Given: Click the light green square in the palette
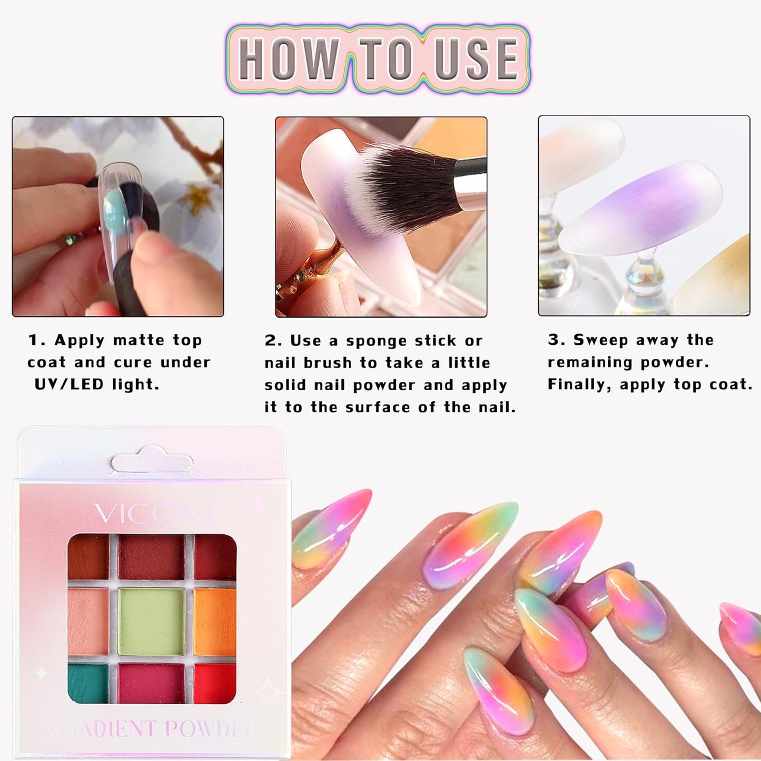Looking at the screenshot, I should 151,621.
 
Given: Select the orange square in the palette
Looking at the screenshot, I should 214,621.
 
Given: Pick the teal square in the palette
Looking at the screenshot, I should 88,683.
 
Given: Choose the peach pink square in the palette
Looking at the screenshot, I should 88,621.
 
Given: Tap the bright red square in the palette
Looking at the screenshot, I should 214,683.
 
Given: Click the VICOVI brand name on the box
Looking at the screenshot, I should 153,513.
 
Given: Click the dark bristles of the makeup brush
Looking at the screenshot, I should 406,184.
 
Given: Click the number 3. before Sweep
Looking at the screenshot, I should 556,340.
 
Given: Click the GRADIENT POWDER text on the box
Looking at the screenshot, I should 153,729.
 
